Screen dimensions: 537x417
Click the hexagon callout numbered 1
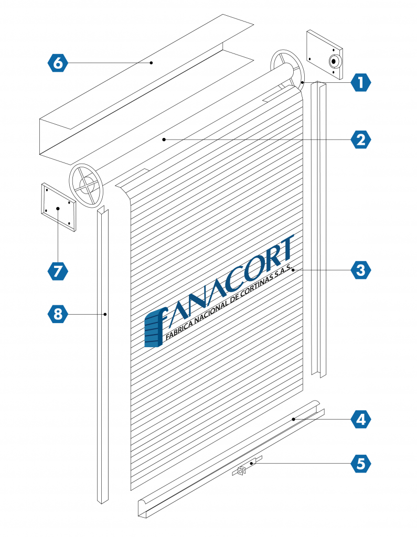[360, 82]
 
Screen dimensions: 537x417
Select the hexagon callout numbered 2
[360, 139]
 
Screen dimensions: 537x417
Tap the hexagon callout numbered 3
[360, 270]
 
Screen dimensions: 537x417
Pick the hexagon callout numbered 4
[360, 420]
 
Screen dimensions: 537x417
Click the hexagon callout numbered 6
[58, 63]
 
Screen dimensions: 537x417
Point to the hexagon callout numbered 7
[58, 271]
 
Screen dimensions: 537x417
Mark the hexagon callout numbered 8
[58, 314]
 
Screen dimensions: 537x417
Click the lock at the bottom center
[241, 471]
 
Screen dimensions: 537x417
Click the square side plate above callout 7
[58, 207]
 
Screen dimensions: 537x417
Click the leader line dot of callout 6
[152, 63]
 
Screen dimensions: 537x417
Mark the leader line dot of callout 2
[164, 139]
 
